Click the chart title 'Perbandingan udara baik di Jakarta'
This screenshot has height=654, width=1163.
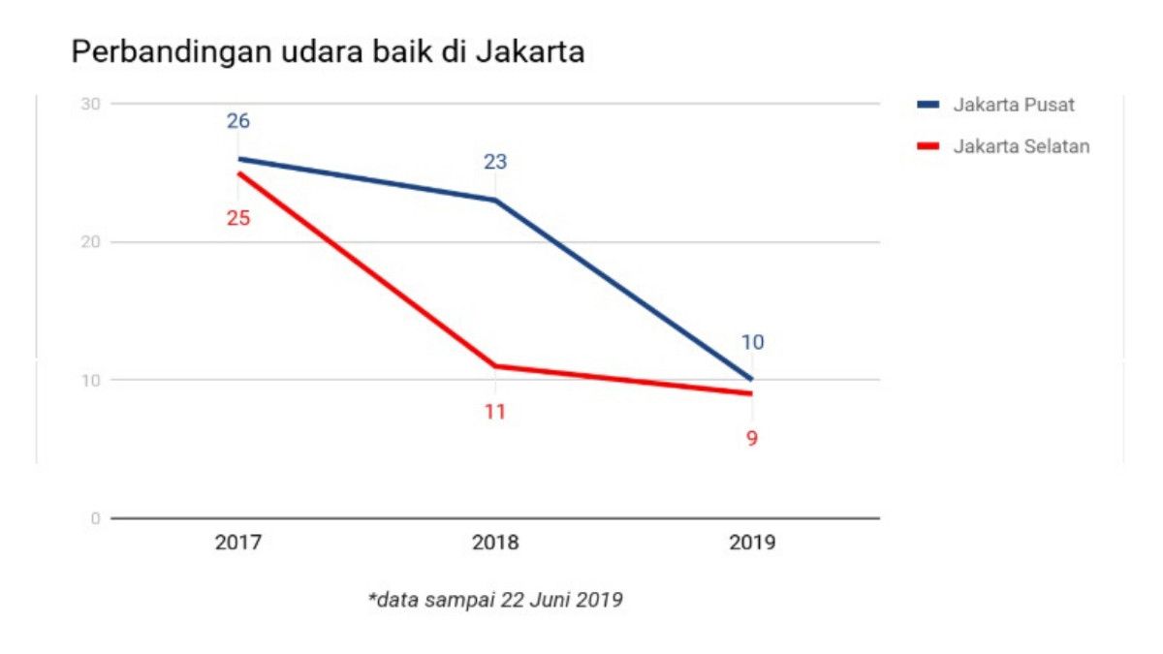point(328,52)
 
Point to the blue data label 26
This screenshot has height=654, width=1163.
point(238,122)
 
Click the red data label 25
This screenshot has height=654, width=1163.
point(238,218)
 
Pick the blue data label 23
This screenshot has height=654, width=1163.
point(495,163)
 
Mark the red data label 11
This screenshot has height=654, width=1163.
point(495,412)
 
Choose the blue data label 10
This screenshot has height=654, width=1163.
point(752,343)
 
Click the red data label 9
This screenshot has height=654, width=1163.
point(752,438)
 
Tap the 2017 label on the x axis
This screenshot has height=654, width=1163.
point(238,543)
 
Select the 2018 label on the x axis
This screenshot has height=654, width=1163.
point(495,543)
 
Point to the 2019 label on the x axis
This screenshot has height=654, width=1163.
point(752,543)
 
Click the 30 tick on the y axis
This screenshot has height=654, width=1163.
point(92,104)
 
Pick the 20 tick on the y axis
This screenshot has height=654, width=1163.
point(92,242)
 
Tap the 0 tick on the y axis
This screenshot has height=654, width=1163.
point(96,518)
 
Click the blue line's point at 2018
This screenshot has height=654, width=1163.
point(495,201)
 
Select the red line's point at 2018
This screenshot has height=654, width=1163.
point(495,366)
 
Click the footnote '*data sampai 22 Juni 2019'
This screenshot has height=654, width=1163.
point(495,601)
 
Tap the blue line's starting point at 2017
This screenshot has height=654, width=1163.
point(238,159)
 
